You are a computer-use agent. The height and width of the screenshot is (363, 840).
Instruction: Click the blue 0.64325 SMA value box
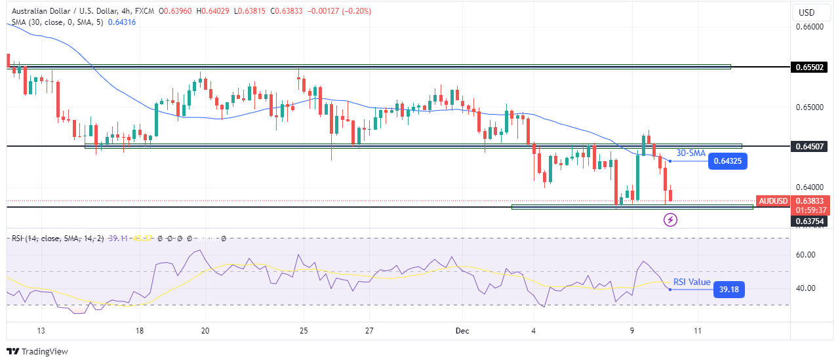point(728,161)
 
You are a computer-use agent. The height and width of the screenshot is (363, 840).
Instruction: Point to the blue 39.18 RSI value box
point(729,289)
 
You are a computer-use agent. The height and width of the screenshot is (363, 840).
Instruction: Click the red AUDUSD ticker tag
point(773,201)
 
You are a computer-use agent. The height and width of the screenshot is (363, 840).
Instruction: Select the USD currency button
point(806,12)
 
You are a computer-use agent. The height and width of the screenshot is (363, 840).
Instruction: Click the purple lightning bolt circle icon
point(671,220)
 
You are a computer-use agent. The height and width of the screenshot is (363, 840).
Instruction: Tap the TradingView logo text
point(38,352)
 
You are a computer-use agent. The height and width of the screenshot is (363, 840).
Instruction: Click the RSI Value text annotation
point(692,282)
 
